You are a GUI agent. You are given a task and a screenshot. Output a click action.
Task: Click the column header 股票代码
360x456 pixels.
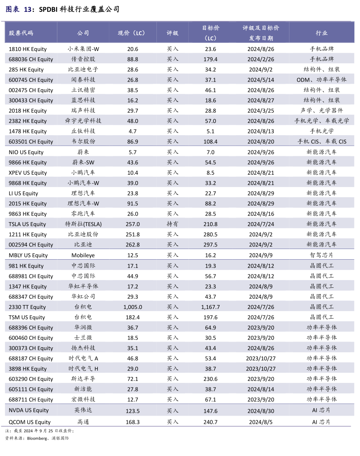[21, 33]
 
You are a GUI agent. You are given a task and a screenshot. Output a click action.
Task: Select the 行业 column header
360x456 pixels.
[321, 33]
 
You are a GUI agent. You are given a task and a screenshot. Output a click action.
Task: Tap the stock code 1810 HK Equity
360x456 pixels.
[28, 49]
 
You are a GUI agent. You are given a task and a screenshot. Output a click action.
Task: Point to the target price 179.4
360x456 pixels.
[210, 59]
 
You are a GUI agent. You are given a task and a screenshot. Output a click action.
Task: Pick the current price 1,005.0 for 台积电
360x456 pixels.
[133, 307]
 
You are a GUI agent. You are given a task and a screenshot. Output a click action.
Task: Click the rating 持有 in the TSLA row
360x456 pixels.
[173, 224]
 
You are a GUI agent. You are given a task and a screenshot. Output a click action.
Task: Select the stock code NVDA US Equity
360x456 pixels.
[29, 410]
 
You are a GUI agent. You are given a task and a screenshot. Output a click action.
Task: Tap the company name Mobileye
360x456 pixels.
[83, 255]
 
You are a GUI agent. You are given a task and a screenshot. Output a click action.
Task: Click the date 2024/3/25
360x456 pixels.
[261, 110]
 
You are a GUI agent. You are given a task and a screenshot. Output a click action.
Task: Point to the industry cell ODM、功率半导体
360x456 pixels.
[321, 80]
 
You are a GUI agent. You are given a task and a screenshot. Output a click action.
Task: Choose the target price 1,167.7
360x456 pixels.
[210, 307]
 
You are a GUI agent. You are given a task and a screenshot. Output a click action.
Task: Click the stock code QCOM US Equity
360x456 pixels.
[30, 422]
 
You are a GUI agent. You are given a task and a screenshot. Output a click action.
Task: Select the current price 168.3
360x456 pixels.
[133, 422]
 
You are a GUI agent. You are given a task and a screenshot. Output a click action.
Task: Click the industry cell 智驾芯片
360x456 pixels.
[321, 255]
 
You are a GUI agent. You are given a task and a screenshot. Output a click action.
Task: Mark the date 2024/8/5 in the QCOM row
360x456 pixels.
[261, 422]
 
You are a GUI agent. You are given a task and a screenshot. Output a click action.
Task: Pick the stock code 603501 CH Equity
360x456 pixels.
[31, 142]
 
